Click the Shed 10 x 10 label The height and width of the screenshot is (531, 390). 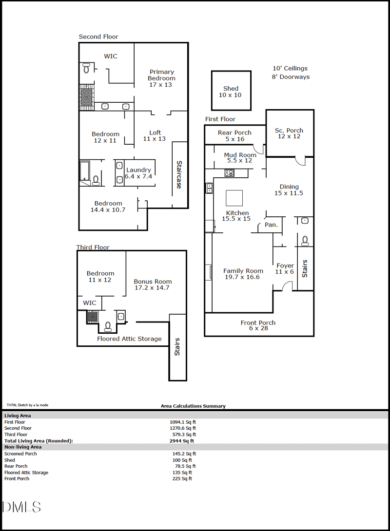(231, 92)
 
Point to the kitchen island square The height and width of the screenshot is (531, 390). (234, 198)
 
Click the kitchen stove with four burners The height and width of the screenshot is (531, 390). (230, 173)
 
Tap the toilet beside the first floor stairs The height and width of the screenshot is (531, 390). (305, 241)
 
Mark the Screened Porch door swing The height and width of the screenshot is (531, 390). (301, 161)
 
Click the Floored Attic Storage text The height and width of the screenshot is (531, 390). (130, 339)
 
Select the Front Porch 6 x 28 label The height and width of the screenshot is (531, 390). (258, 325)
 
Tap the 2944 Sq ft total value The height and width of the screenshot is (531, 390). (182, 441)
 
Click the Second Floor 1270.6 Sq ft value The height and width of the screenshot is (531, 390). (183, 428)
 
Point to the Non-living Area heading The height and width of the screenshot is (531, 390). (23, 447)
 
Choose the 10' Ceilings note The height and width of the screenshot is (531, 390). (291, 68)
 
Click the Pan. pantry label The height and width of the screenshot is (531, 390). (271, 225)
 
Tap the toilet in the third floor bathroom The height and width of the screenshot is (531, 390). (108, 326)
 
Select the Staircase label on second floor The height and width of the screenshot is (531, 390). (179, 174)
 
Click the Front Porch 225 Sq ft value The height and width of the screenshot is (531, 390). (182, 478)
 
